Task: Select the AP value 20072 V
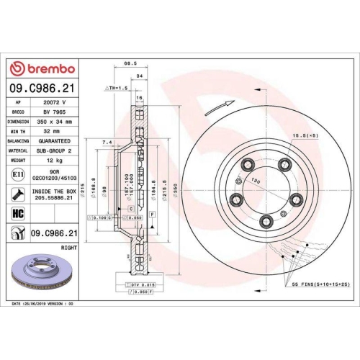point(55,104)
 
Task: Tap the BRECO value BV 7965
point(55,113)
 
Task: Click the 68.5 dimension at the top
point(130,63)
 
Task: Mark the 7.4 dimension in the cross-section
point(107,143)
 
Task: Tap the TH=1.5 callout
point(117,87)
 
